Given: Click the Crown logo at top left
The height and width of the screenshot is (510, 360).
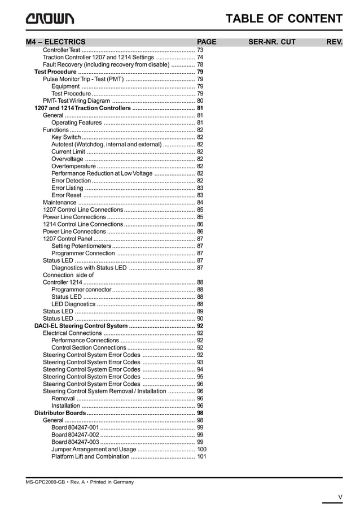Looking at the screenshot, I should [x=50, y=19].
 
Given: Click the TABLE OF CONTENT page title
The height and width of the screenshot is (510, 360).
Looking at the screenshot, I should [x=284, y=19].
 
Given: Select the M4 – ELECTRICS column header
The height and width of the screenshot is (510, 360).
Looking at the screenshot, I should [x=56, y=42].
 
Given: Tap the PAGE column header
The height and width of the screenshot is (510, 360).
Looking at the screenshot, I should [x=207, y=42].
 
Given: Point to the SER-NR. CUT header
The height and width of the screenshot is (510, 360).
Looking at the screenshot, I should [x=272, y=42].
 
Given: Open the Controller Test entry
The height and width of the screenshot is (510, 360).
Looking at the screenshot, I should [x=62, y=50].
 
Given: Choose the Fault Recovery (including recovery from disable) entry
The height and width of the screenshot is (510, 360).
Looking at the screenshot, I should [x=106, y=64].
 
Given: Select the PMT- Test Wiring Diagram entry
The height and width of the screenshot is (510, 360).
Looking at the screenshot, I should [x=77, y=101].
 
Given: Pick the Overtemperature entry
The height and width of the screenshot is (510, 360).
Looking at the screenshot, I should [x=73, y=166].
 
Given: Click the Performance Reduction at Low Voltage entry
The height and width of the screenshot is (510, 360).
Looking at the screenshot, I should [x=102, y=173].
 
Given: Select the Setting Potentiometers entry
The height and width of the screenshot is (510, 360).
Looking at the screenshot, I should [x=81, y=246].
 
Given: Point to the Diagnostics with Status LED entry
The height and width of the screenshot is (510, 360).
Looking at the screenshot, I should [x=89, y=268].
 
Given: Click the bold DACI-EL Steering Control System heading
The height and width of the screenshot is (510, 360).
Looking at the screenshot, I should [x=81, y=326].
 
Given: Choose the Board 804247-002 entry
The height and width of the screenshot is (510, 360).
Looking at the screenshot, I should [x=75, y=435].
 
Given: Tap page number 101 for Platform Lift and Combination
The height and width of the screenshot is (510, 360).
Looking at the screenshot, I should [x=201, y=456].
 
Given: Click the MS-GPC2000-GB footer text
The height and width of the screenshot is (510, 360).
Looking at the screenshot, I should [x=80, y=482].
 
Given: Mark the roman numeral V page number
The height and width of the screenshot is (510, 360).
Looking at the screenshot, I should [x=340, y=497].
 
